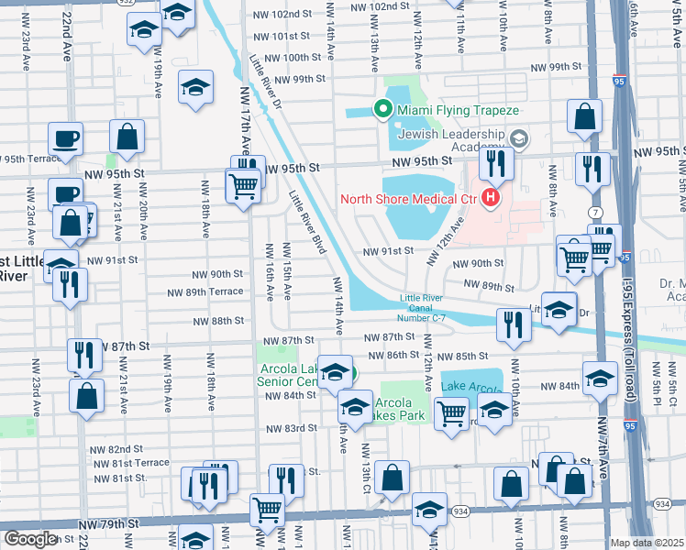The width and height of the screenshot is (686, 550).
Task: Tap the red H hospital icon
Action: pyautogui.click(x=492, y=197)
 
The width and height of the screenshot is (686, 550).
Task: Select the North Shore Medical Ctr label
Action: pyautogui.click(x=411, y=198)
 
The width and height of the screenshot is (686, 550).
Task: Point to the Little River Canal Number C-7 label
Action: pyautogui.click(x=422, y=307)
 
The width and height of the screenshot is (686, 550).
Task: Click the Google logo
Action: pyautogui.click(x=29, y=539)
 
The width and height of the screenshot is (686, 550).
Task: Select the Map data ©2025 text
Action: pyautogui.click(x=647, y=543)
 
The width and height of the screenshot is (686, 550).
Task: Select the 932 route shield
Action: pyautogui.click(x=126, y=3)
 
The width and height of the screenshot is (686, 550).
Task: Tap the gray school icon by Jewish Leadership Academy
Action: pyautogui.click(x=519, y=138)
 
